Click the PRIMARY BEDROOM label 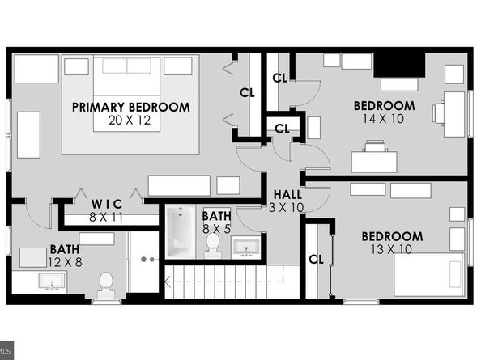[x=130, y=107]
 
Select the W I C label [x=106, y=203]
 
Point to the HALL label [x=287, y=194]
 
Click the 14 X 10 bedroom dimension [x=384, y=118]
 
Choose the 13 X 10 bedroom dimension [x=391, y=249]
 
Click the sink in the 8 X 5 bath [x=245, y=247]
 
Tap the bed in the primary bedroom [x=130, y=104]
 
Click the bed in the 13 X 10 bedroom [x=428, y=275]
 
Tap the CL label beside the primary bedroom [x=247, y=91]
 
